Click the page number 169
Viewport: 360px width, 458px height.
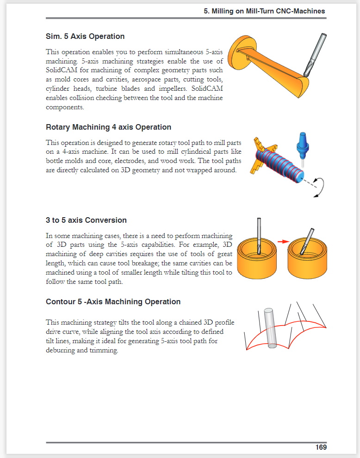point(321,447)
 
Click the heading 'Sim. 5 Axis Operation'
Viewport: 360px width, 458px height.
point(85,36)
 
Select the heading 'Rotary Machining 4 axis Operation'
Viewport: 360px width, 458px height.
point(108,127)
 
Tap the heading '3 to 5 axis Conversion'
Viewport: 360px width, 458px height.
point(86,220)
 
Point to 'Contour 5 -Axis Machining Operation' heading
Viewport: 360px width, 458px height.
point(113,301)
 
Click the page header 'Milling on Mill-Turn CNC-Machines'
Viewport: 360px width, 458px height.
point(264,11)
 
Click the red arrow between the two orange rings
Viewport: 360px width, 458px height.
point(283,241)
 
